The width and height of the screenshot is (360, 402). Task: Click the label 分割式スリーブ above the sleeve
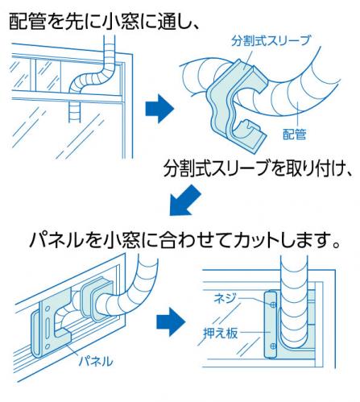(271, 41)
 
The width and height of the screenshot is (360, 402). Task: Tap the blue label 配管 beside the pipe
(295, 134)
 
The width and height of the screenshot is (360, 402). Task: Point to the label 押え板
(221, 334)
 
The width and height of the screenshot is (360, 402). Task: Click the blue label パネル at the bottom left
(96, 362)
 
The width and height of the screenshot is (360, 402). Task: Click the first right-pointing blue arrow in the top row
(159, 109)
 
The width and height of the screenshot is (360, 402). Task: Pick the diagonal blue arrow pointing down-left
(184, 201)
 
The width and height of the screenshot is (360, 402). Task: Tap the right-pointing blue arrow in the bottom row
(171, 322)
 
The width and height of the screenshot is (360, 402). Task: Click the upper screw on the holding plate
(273, 305)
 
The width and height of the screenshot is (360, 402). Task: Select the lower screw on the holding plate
(273, 346)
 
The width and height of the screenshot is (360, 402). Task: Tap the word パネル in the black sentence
(56, 240)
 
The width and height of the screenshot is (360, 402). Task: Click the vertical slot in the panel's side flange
(48, 326)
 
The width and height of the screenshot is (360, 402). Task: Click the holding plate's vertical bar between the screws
(270, 325)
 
